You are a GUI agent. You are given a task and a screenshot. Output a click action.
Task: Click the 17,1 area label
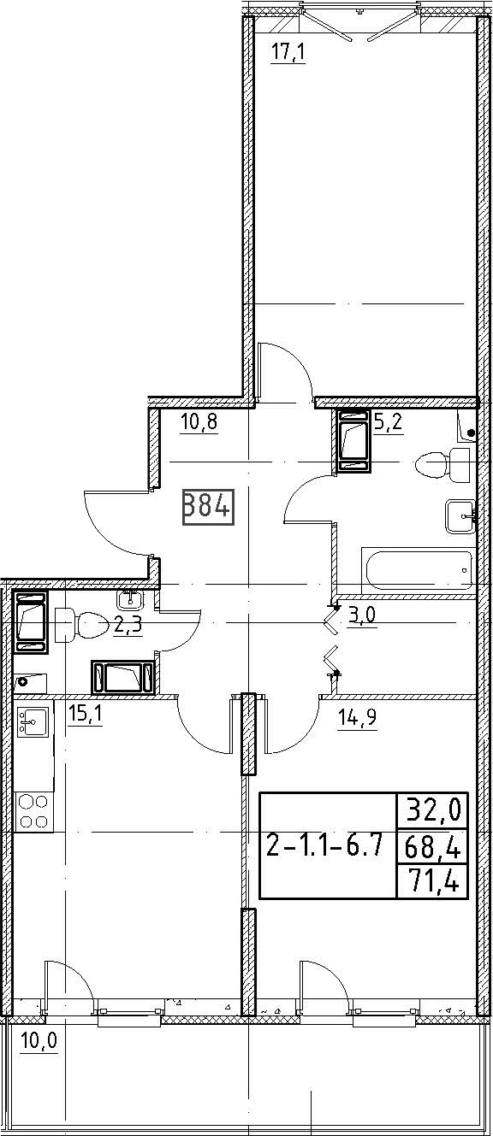(x=288, y=52)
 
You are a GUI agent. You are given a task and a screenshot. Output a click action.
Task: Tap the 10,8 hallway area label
(x=199, y=421)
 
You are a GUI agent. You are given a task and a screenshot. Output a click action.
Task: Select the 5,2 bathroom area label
(x=389, y=421)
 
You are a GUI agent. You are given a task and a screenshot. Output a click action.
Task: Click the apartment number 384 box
(x=208, y=506)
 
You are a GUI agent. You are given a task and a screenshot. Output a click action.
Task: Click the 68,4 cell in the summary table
(x=432, y=845)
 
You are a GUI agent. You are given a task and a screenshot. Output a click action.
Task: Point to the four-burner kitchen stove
(x=33, y=811)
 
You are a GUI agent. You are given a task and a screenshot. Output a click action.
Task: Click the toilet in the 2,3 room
(x=81, y=624)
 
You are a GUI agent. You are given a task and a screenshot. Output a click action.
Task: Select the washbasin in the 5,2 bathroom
(x=460, y=516)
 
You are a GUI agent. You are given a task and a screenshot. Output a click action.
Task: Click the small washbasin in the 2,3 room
(x=130, y=599)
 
